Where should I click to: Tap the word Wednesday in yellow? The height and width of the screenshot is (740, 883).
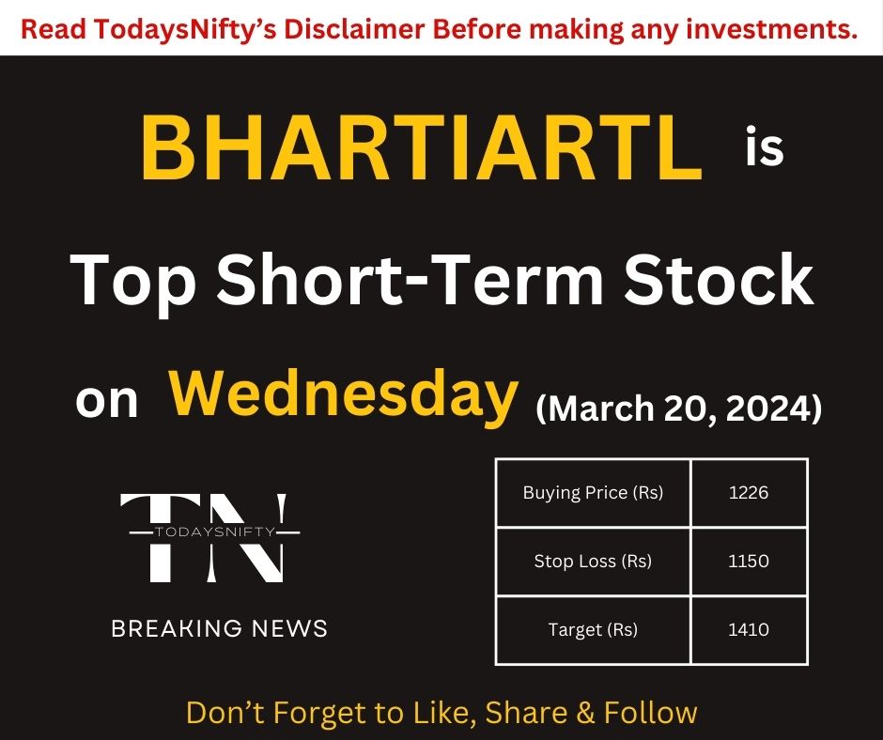pos(344,396)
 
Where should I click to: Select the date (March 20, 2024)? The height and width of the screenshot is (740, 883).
pos(678,409)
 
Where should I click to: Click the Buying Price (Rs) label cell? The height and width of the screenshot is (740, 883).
pos(593,492)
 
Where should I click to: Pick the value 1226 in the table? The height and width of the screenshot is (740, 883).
pos(749,492)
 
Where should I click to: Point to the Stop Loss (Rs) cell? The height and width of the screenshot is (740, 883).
pos(593,562)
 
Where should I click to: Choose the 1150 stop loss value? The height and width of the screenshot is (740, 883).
pos(749,562)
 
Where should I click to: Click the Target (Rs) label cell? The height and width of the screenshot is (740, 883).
pos(593,630)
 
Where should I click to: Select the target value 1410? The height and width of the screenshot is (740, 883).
pos(749,630)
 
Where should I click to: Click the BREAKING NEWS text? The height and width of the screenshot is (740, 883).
pos(220,628)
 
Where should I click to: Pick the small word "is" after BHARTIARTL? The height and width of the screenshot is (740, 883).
pos(764,150)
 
